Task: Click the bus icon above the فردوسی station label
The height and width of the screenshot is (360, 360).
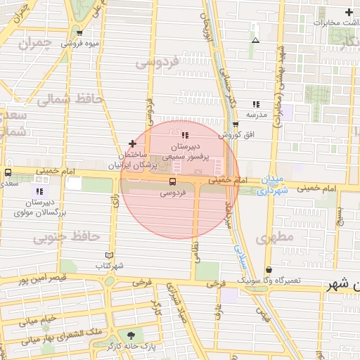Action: [173, 181]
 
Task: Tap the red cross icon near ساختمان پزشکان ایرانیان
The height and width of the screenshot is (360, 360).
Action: [132, 143]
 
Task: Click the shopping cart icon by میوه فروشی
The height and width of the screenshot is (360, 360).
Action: [79, 32]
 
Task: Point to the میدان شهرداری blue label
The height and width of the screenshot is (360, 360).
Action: [271, 185]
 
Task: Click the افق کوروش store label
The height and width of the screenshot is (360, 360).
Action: [239, 134]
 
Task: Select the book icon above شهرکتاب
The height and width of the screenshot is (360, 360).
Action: [108, 255]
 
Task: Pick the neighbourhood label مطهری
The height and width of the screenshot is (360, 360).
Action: [275, 238]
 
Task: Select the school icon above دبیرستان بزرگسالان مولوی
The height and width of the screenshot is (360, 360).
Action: [39, 191]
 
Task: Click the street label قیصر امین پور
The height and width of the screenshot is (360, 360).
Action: [31, 280]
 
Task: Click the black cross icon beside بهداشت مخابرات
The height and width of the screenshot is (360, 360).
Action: [349, 12]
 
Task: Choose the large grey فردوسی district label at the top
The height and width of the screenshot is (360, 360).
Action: [160, 63]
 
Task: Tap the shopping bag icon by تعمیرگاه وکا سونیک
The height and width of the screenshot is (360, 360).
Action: [269, 270]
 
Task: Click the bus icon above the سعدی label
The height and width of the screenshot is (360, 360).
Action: [8, 172]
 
